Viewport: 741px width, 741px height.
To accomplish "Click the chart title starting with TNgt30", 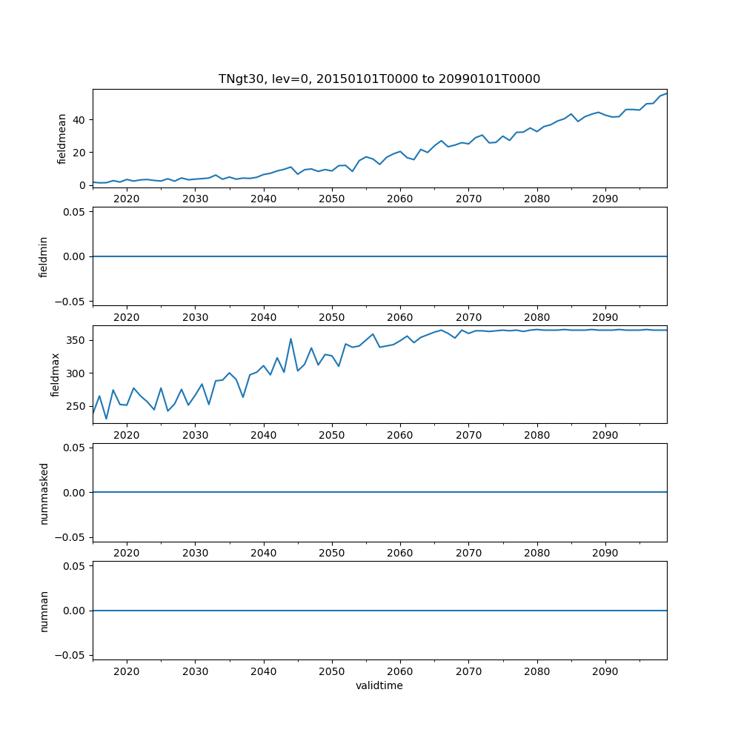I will point(379,79).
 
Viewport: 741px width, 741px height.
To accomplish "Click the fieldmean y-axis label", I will point(62,139).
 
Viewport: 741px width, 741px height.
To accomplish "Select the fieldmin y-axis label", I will point(44,256).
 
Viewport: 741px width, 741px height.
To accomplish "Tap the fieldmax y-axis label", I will point(56,374).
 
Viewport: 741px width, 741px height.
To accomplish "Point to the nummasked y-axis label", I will point(44,493).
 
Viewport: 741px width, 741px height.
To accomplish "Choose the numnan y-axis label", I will point(44,611).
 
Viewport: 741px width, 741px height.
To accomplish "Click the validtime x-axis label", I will point(379,686).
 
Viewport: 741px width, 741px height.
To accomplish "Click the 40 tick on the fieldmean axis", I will point(78,120).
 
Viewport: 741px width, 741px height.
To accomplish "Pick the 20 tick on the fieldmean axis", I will point(78,153).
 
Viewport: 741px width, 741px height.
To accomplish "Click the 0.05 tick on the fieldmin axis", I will point(72,212).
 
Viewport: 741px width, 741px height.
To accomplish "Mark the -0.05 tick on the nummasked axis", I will point(69,537).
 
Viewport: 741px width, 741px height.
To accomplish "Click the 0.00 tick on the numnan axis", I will point(72,611).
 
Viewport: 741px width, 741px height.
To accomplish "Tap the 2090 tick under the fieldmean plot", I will point(605,199).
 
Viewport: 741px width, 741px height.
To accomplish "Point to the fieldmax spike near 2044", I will point(290,339).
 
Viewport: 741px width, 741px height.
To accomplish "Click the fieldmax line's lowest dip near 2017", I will point(106,419).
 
